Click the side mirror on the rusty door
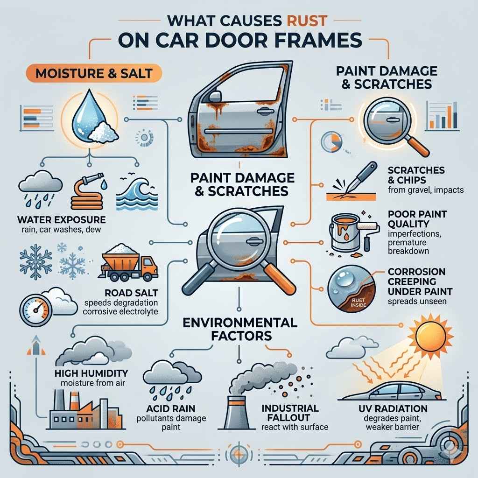pos(215,97)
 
